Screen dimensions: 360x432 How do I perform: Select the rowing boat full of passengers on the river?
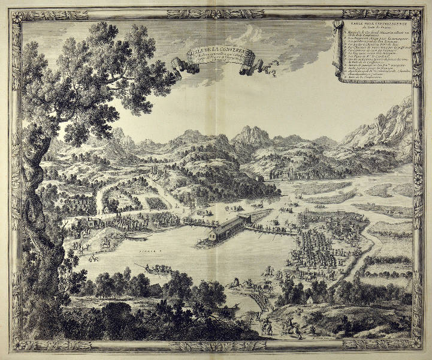coord(156,269)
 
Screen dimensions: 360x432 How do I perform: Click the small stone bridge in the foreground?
coord(259,300)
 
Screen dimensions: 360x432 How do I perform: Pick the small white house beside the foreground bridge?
coord(312,298)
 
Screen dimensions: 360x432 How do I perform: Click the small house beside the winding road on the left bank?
coord(107,209)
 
